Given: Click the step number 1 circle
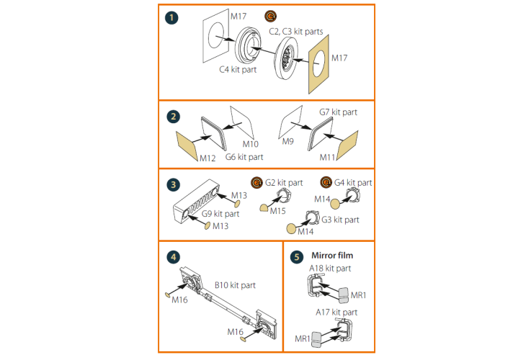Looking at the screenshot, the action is click(171, 17).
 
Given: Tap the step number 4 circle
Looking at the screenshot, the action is click(173, 257).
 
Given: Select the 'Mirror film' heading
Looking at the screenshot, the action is click(332, 256).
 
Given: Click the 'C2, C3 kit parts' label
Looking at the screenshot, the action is click(296, 32).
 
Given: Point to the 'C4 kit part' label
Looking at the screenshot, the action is click(238, 70).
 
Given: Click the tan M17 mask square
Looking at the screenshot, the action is click(318, 64).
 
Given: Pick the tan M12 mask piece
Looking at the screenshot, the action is click(187, 146).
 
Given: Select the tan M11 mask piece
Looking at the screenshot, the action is click(348, 145).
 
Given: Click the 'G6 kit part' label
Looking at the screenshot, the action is click(244, 157).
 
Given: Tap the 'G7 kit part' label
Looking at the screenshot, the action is click(339, 112).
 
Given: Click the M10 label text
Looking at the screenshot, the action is click(251, 144).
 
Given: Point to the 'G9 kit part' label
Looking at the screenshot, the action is click(220, 214).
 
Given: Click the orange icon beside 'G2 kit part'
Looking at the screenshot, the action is click(256, 183).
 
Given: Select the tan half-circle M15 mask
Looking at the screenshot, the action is click(264, 208).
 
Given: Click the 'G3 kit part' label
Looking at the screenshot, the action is click(340, 220).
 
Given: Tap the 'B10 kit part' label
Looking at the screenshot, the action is click(235, 285).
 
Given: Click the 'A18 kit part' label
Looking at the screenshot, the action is click(330, 269).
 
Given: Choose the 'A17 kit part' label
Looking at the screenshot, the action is click(336, 312).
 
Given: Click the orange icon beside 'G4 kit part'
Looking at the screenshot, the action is click(326, 182).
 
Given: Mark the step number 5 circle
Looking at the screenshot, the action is click(297, 257).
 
